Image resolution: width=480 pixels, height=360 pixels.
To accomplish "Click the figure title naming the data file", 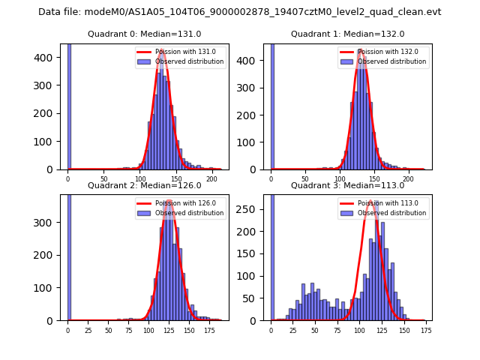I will (239, 12).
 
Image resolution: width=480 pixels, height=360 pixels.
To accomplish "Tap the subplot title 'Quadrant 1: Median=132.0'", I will (347, 34).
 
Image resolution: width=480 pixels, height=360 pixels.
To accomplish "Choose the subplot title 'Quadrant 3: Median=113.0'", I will (347, 185).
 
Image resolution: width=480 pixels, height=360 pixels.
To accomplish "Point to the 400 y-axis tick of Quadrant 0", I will (48, 58).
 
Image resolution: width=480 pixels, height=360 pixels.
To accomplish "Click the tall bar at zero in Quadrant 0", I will (69, 105).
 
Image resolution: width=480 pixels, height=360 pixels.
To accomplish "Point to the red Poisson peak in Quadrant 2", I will (169, 201).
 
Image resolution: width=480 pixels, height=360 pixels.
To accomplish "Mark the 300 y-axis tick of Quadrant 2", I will (48, 222).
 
